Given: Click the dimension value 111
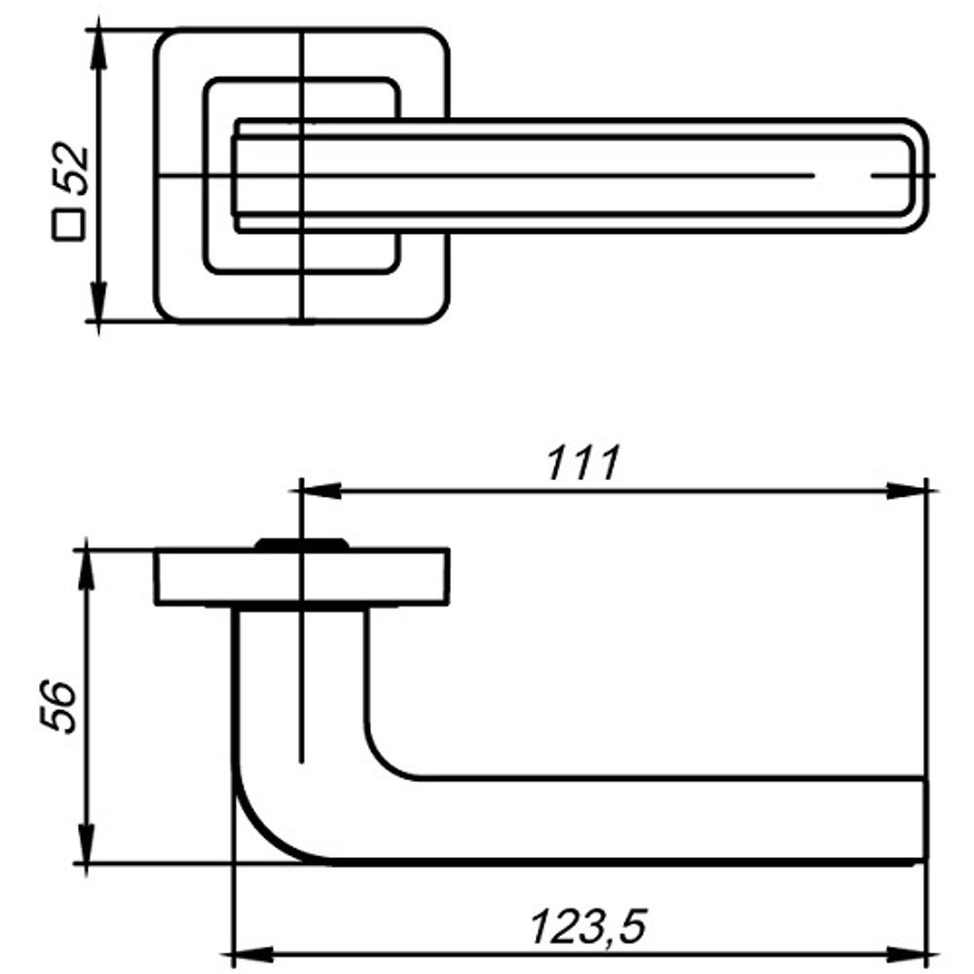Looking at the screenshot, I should coord(582,464).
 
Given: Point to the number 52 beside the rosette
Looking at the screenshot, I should coord(72,171).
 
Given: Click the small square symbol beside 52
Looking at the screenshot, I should coord(67,226).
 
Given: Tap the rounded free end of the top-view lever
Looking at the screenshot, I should coord(916,175).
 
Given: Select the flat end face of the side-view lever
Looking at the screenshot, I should coord(923,819).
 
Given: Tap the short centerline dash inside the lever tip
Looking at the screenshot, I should coord(891,176).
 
